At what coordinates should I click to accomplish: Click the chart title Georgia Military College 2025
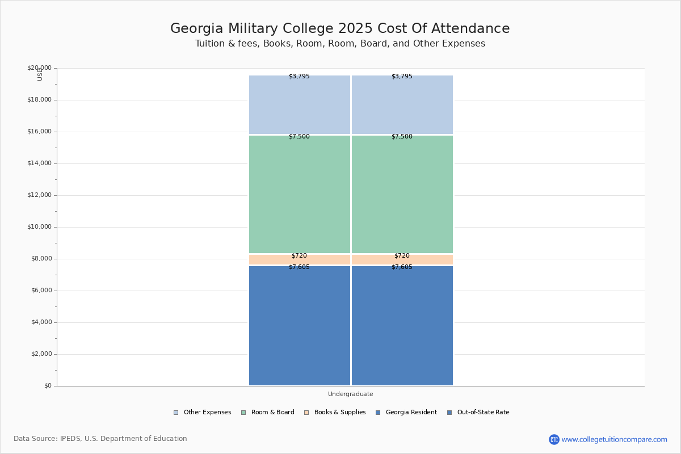(x=340, y=29)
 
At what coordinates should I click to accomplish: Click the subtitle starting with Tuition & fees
(x=340, y=44)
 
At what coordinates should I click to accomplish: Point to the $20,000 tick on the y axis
(x=39, y=68)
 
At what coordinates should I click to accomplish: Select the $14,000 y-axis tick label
(x=39, y=163)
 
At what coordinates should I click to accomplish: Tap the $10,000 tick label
(x=39, y=227)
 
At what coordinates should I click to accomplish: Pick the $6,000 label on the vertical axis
(x=41, y=291)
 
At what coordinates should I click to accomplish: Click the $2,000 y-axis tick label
(x=41, y=354)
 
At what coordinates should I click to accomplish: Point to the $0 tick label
(x=48, y=386)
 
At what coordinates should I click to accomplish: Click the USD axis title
(x=40, y=74)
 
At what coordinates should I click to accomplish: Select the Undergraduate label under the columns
(x=350, y=394)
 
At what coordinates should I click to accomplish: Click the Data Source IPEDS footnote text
(x=100, y=439)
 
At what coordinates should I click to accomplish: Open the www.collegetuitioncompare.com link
(x=614, y=439)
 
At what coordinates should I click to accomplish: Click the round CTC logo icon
(x=554, y=439)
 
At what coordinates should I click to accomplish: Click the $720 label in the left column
(x=299, y=256)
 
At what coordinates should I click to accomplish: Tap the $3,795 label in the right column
(x=402, y=77)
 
